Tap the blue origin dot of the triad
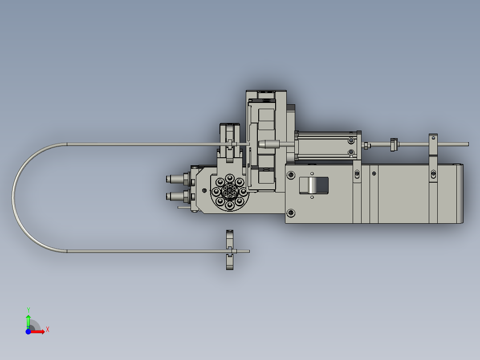point(28,331)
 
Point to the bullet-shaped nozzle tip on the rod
point(266,144)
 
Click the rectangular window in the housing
point(313,185)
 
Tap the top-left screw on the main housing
point(291,175)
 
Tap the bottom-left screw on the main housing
point(291,213)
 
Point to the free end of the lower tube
point(248,251)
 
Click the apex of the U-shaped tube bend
point(13,197)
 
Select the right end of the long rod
point(468,144)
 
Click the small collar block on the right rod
point(393,145)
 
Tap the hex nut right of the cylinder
point(366,145)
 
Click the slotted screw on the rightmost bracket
point(432,173)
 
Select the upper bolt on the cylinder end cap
point(351,140)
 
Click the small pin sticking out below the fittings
point(183,207)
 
